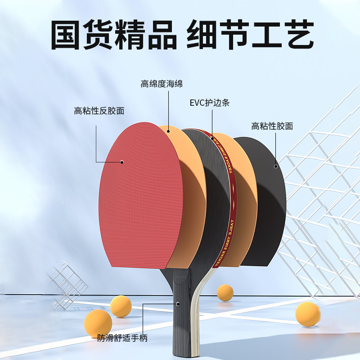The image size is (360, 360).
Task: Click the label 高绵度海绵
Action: [162, 84]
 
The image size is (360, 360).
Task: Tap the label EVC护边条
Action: [210, 103]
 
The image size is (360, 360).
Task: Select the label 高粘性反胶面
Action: [99, 111]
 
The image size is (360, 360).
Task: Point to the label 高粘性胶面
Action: [272, 126]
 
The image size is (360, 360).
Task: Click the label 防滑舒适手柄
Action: [122, 338]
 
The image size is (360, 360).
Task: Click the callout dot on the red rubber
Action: [122, 162]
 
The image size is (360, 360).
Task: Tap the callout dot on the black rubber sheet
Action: [276, 166]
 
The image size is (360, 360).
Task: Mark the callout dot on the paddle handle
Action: [178, 304]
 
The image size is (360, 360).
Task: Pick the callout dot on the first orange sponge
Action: [168, 131]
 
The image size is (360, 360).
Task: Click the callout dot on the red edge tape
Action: [212, 138]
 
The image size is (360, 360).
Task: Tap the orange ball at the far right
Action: [307, 314]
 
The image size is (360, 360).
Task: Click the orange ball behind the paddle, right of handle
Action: [225, 292]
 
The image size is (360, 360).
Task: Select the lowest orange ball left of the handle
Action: [98, 324]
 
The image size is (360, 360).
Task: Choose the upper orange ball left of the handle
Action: [121, 306]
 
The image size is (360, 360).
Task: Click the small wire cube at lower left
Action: [67, 284]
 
